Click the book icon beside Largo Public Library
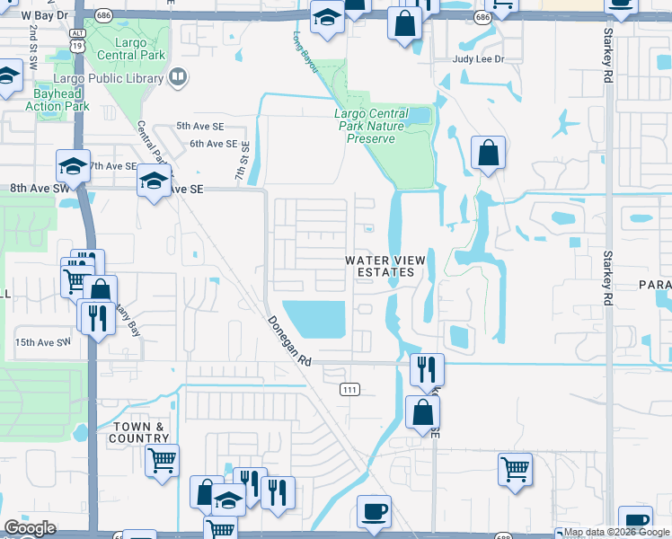click(x=178, y=77)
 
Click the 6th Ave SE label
click(x=213, y=144)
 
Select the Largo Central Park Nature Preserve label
click(x=377, y=127)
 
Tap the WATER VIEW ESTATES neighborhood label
click(x=381, y=266)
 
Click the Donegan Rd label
click(x=288, y=340)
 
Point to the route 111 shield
click(x=349, y=389)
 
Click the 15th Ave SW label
click(x=41, y=342)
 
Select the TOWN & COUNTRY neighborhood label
click(x=142, y=432)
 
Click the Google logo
click(x=30, y=528)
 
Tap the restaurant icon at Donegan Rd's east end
click(x=427, y=367)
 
